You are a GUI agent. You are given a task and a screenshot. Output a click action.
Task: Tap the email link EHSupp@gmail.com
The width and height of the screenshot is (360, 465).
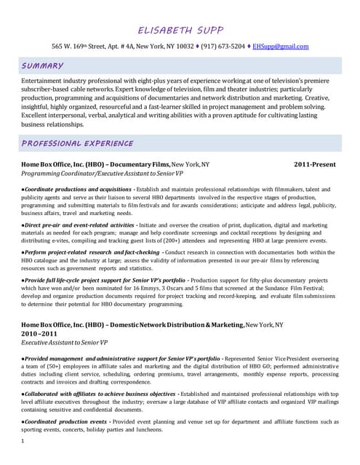280,46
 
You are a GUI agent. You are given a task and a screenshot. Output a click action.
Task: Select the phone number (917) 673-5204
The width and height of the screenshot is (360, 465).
223,46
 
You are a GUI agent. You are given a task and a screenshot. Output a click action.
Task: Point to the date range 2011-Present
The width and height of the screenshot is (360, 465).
314,165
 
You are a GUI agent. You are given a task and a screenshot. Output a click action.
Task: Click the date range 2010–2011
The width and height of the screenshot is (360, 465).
39,333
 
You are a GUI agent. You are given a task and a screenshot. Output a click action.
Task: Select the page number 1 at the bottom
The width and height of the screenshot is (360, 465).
23,441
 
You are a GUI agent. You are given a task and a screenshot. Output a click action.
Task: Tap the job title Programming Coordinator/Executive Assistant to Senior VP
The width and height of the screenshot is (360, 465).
102,174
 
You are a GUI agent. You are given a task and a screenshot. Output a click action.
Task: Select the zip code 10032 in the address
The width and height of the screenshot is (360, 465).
186,46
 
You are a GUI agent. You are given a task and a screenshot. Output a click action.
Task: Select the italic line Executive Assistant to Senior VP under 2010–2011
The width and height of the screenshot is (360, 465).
64,341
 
